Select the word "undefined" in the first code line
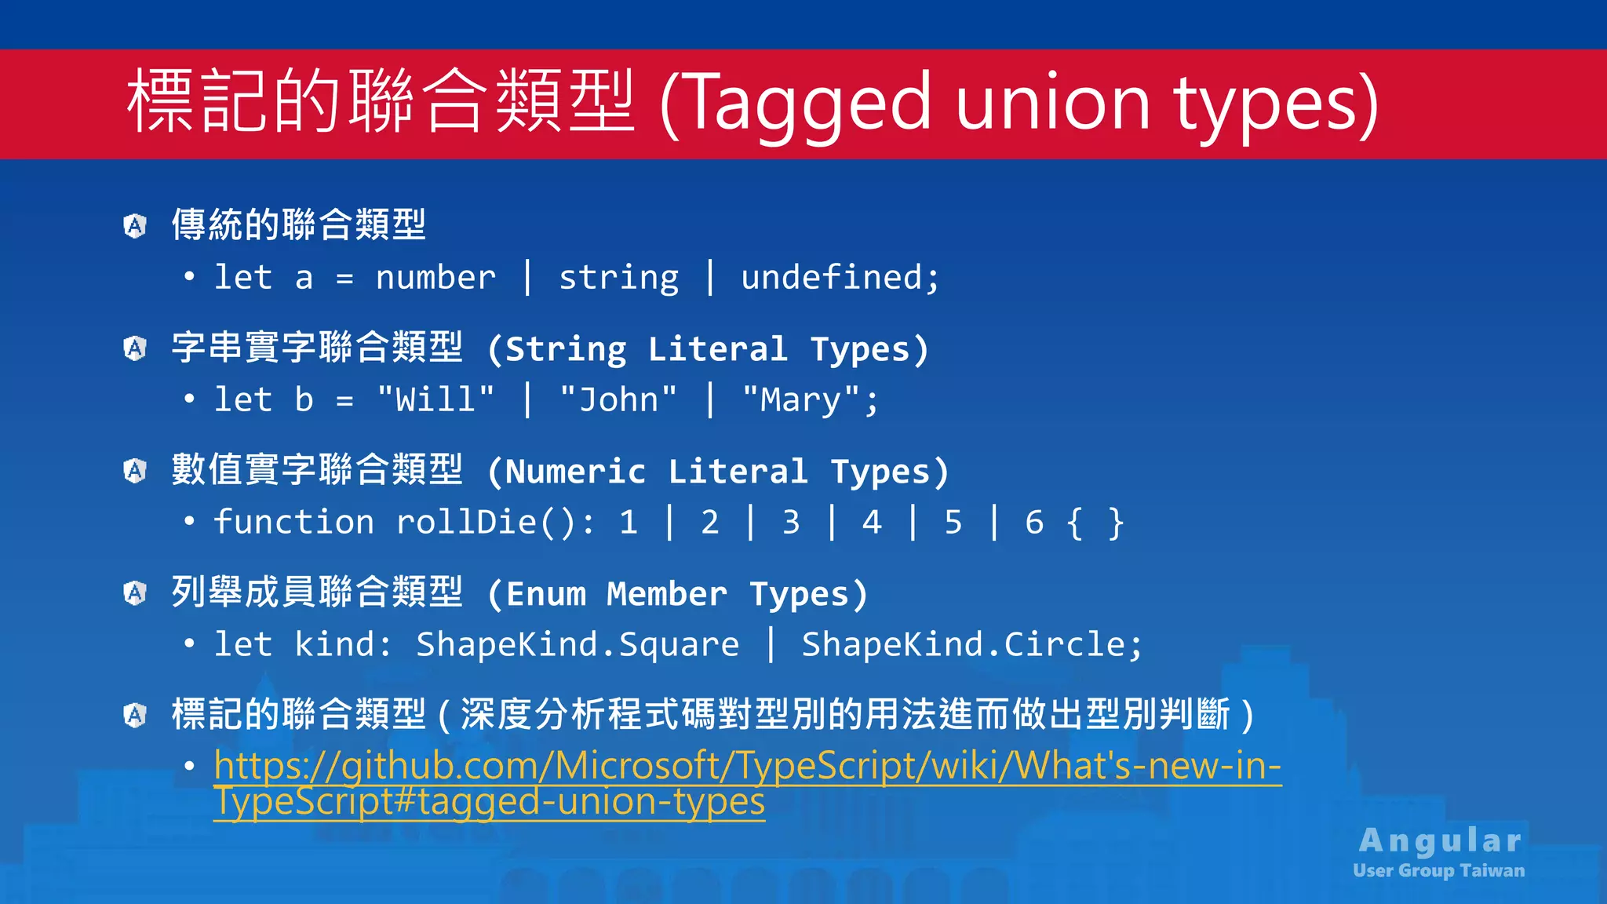(x=831, y=278)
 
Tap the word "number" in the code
(x=435, y=278)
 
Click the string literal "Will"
(x=435, y=400)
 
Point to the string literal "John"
(x=618, y=400)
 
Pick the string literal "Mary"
(x=800, y=400)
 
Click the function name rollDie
(x=466, y=523)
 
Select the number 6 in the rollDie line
(x=1034, y=523)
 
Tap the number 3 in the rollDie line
(x=791, y=523)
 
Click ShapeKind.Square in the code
(x=578, y=645)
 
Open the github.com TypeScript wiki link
(x=746, y=766)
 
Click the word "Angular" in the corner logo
(x=1441, y=840)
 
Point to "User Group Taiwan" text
(x=1439, y=870)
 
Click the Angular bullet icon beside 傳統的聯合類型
(x=135, y=226)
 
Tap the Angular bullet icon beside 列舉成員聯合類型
(x=135, y=593)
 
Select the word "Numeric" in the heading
(x=576, y=472)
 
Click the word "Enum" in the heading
(x=546, y=594)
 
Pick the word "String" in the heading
(x=566, y=349)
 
